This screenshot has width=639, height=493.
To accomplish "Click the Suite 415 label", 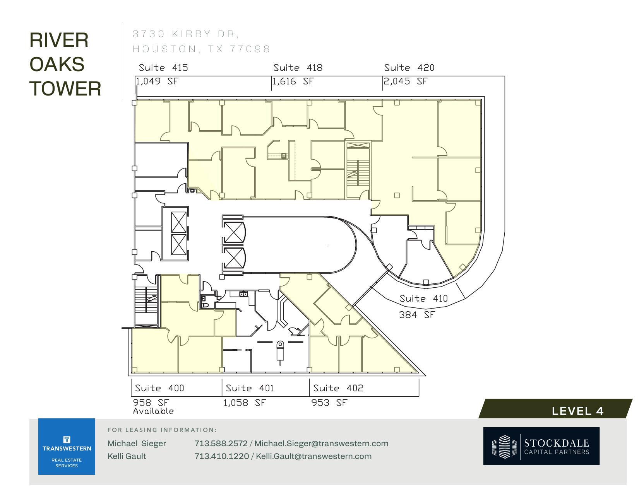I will [163, 68].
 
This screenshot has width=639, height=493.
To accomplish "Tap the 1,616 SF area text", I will [293, 82].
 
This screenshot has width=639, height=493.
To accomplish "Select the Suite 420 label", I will [409, 68].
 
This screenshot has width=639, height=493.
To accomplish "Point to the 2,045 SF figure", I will [405, 82].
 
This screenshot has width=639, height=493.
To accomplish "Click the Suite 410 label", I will [423, 299].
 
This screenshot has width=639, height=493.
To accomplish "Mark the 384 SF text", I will [417, 315].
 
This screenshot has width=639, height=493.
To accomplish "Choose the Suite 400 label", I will [159, 388].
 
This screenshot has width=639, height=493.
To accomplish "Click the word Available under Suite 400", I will [153, 411].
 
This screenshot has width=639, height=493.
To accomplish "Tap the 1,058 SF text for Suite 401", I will [245, 403].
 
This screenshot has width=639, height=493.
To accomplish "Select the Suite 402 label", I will [338, 388].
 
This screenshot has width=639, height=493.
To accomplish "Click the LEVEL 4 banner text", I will [577, 411].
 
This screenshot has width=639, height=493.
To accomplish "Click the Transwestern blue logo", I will [67, 447].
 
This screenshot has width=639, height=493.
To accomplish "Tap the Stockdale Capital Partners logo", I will [541, 446].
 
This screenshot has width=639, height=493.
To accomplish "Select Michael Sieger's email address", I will [321, 444].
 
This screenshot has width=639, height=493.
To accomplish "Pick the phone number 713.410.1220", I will [221, 456].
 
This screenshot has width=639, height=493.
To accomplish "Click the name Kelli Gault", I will [127, 456].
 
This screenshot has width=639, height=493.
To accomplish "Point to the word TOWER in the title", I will [65, 89].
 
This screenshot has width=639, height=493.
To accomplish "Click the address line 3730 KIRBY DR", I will [185, 34].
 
